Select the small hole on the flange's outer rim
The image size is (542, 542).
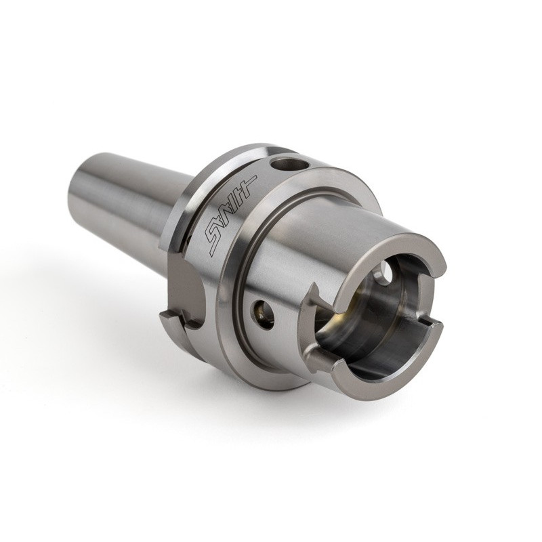[287, 163]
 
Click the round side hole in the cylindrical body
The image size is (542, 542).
[264, 314]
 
